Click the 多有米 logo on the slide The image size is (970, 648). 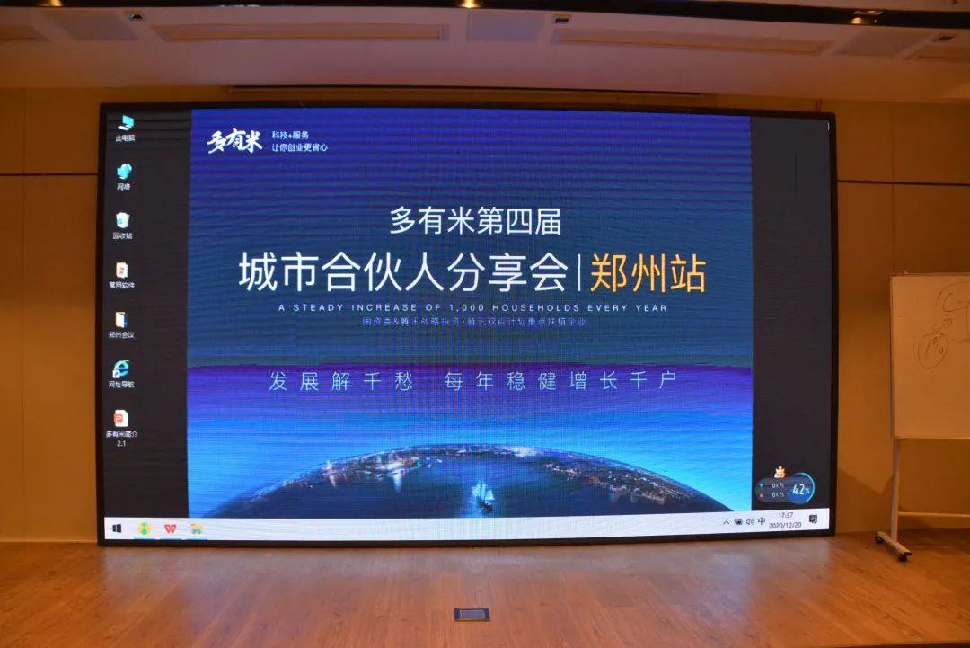coord(234,141)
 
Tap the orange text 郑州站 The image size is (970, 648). coord(647,272)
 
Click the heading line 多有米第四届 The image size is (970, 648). coord(475,221)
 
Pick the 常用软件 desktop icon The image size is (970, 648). coord(121,271)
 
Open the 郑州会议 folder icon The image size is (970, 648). coord(121,320)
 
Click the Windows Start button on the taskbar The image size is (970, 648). coord(117,529)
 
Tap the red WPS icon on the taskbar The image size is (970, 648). coord(170,529)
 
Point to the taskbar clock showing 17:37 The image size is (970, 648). coord(785,519)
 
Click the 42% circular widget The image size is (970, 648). coord(800,490)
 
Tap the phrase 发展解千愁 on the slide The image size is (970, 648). coord(341,380)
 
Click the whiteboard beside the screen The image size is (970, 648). coord(930,355)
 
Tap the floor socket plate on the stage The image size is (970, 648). coord(472,614)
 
